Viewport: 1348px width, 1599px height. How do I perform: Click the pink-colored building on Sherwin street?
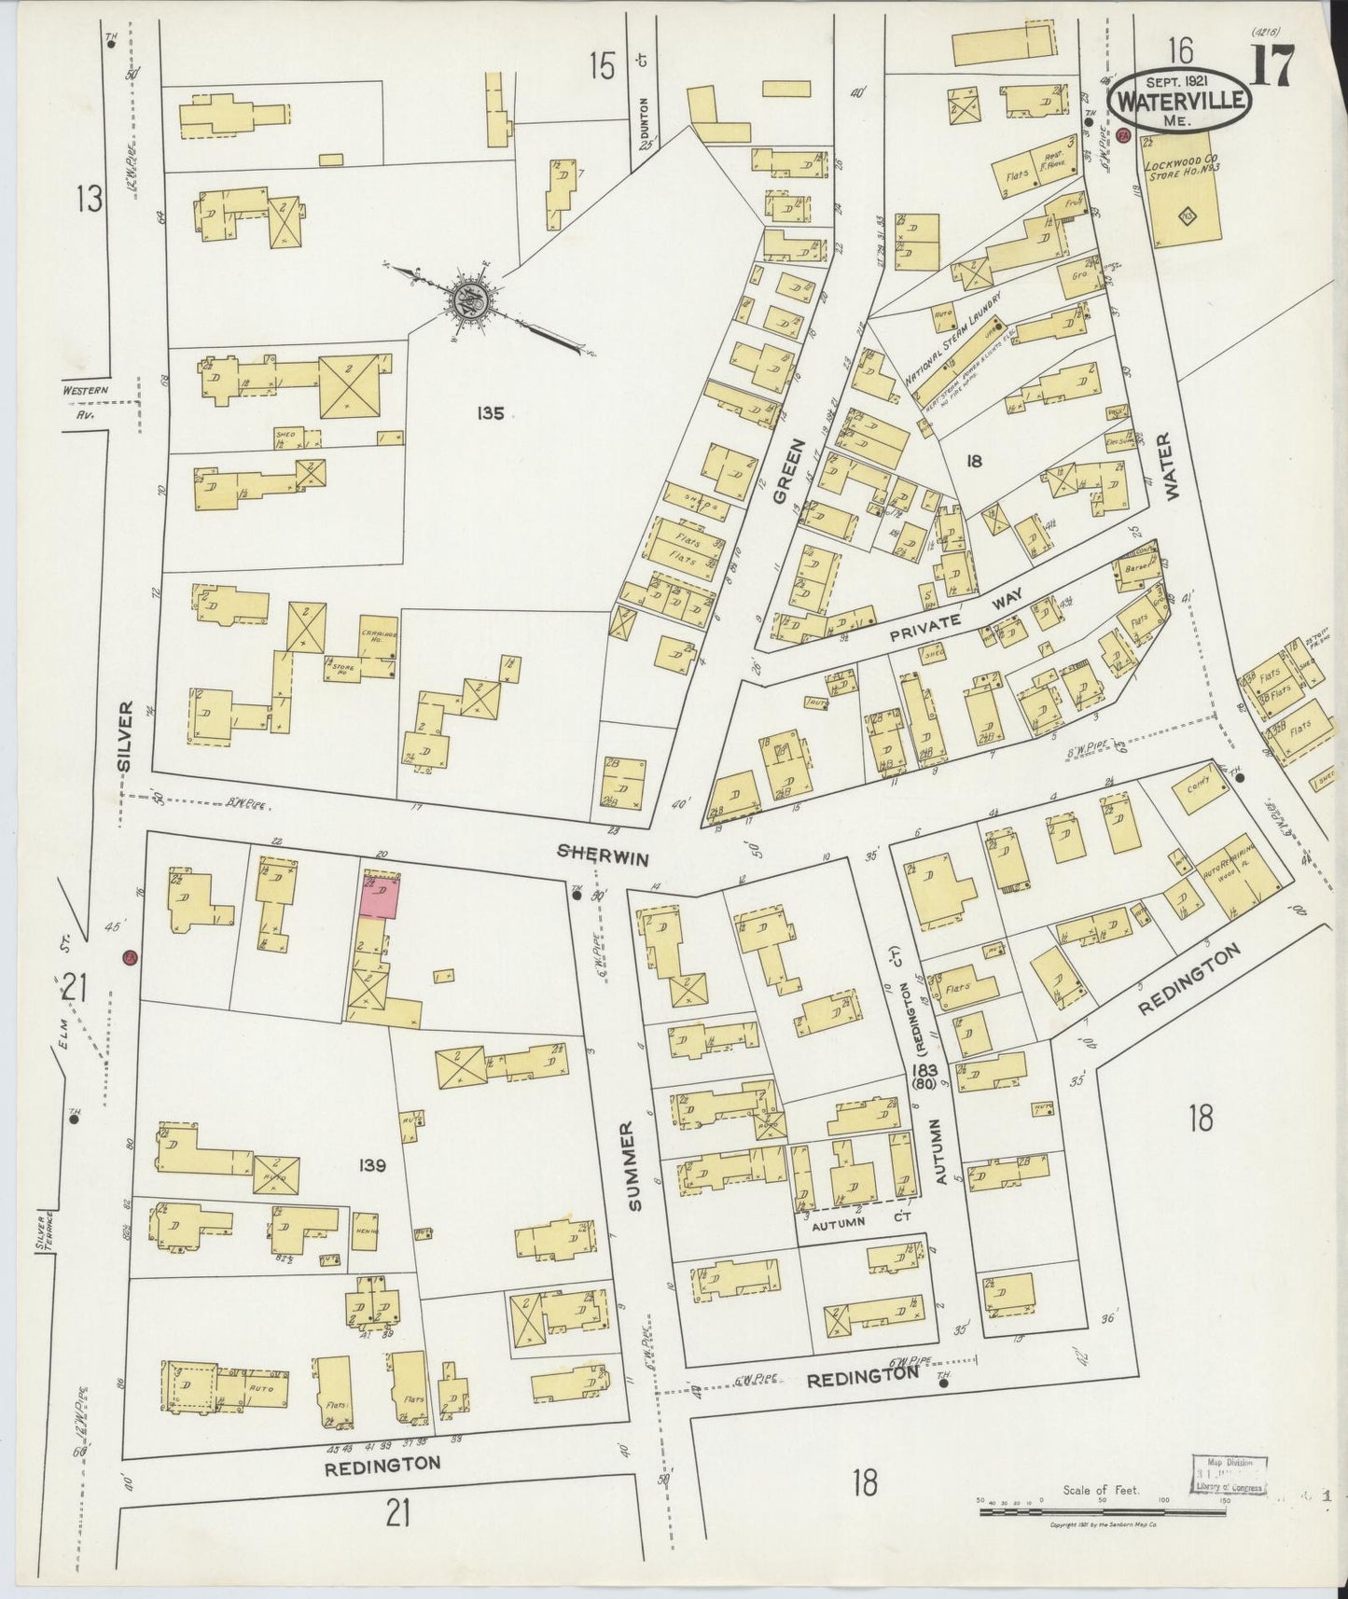380,896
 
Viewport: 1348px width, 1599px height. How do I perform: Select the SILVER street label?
127,737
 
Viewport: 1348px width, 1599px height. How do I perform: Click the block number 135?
488,412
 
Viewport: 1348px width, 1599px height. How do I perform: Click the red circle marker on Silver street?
130,957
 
